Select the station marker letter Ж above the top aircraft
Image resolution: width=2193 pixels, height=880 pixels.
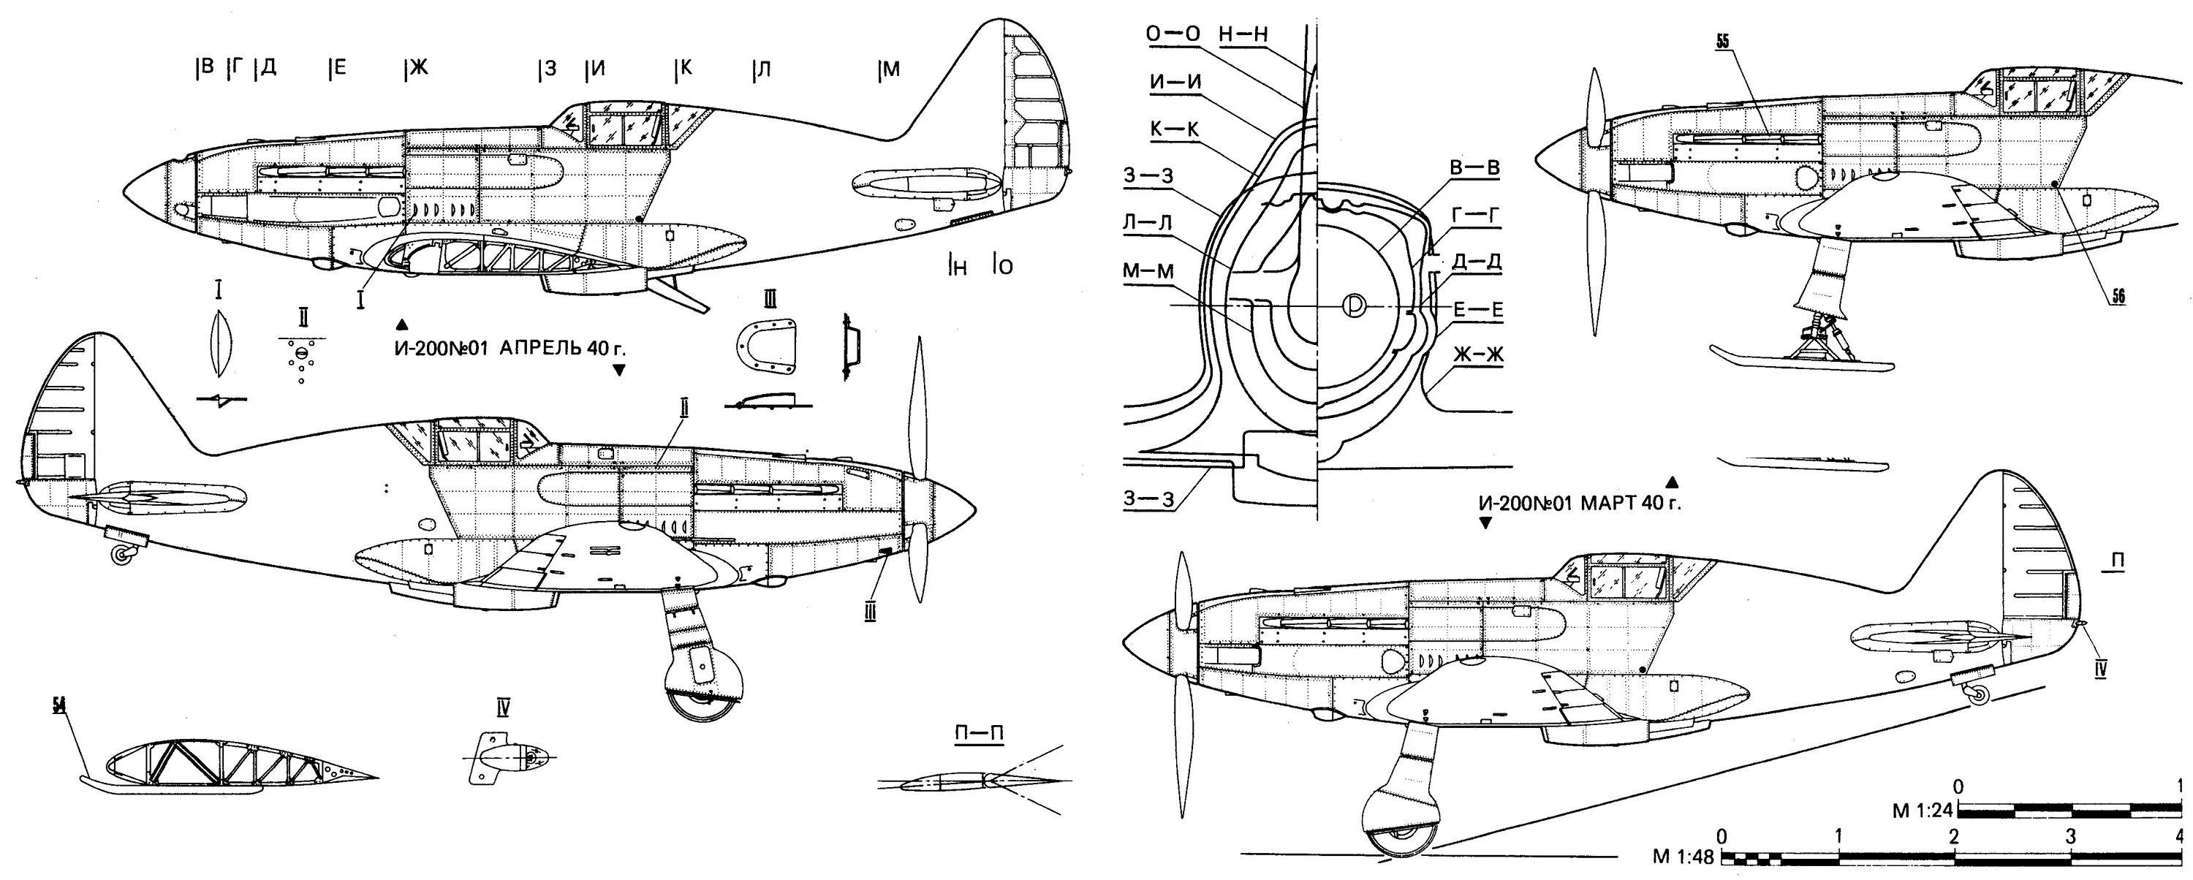pos(417,68)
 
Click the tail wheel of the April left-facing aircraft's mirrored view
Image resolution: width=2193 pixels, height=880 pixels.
pos(124,555)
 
